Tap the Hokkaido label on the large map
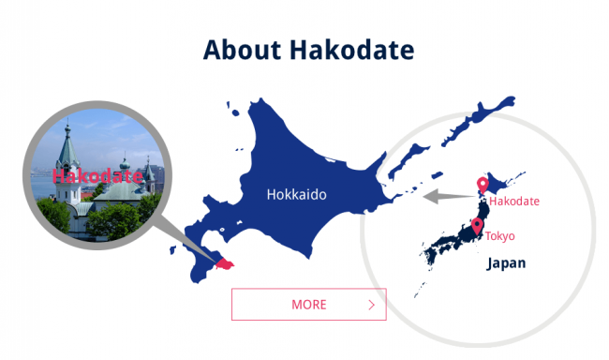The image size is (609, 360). [x=296, y=195]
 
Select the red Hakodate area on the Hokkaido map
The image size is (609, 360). [x=224, y=264]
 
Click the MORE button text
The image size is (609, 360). [x=308, y=305]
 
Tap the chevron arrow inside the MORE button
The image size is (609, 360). [x=371, y=305]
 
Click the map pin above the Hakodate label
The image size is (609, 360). [x=483, y=185]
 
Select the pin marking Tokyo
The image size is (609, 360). [x=477, y=225]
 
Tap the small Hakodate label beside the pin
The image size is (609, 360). [x=514, y=201]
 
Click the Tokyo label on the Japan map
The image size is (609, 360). [x=499, y=235]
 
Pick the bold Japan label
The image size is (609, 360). [x=506, y=263]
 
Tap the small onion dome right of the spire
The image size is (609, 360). [x=123, y=159]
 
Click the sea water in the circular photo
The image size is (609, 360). [x=44, y=191]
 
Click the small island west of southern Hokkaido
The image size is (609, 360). [x=173, y=250]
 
